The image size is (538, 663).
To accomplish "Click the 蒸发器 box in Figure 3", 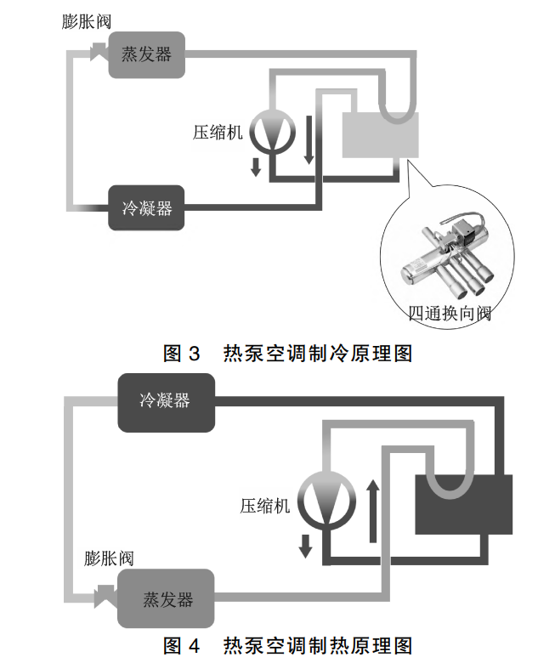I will pos(147,54).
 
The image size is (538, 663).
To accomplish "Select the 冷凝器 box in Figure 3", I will pos(147,207).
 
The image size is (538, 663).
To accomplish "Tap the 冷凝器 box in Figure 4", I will pos(166,399).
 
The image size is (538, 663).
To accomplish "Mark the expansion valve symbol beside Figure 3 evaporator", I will pos(99,54).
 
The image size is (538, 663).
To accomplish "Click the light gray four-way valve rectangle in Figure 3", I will pos(380,134).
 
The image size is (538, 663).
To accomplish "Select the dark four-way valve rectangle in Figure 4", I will pos(463,505).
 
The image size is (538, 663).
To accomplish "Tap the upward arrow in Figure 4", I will pos(371,511).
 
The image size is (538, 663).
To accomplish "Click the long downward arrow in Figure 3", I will pos(309,139).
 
